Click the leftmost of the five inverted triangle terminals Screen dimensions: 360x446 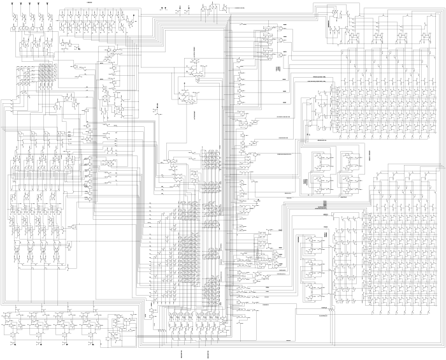13,4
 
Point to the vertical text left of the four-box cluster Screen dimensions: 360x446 306,182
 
